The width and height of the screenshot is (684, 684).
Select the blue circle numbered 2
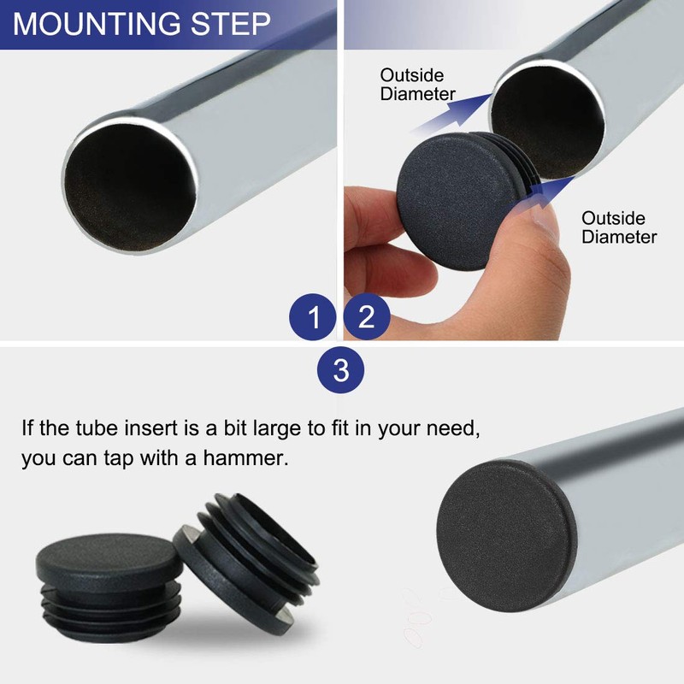point(367,318)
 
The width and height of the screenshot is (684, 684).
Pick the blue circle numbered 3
point(341,370)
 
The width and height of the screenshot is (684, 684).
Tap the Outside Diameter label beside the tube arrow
point(418,84)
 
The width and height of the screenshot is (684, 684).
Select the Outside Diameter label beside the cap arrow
point(619,227)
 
